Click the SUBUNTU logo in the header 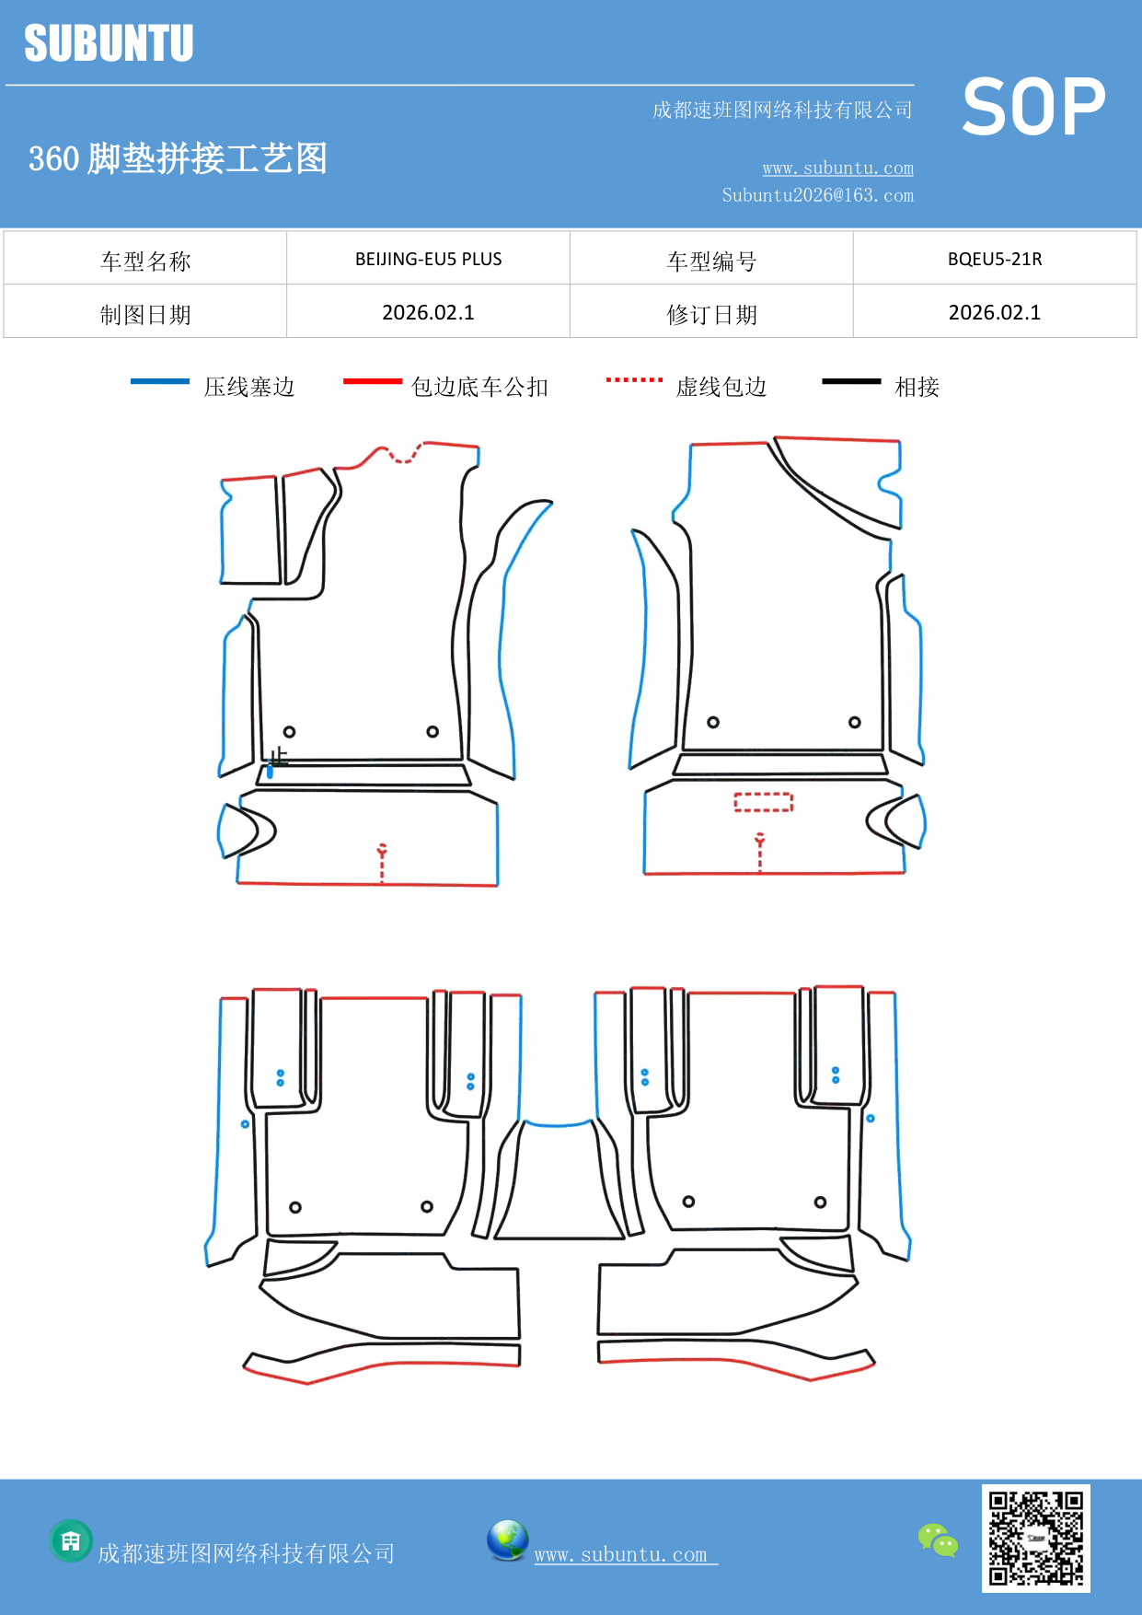(x=109, y=43)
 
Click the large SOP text (x=1033, y=107)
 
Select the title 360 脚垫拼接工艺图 (x=178, y=158)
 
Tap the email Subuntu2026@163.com (x=817, y=195)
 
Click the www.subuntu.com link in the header (x=837, y=168)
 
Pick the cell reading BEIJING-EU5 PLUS (x=428, y=259)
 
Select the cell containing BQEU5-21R (x=994, y=259)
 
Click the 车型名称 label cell (x=145, y=261)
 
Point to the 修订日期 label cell (x=711, y=314)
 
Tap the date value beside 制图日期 (x=428, y=313)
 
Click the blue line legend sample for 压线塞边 (x=160, y=381)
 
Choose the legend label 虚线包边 (x=721, y=387)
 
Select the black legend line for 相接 (x=851, y=381)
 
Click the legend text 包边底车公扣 (x=479, y=387)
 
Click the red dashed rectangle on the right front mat (x=763, y=802)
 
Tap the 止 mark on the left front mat (x=279, y=757)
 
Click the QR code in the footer (x=1035, y=1538)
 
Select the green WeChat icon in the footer (x=938, y=1539)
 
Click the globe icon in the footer (x=507, y=1539)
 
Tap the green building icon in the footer (x=71, y=1540)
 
